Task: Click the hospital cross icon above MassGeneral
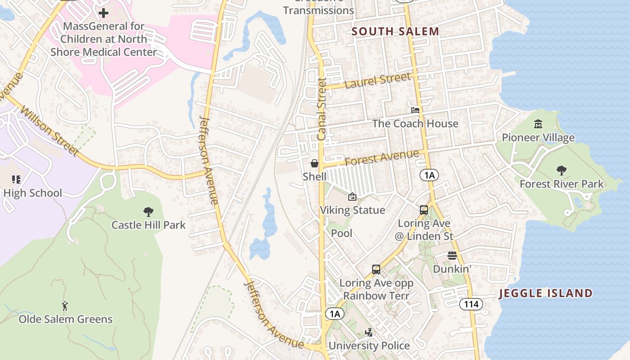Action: (103, 13)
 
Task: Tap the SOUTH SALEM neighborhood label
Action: (395, 31)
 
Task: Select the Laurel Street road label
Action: (378, 81)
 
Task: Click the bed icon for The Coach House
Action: (415, 110)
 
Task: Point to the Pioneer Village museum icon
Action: (538, 124)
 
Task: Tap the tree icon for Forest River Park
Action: (561, 171)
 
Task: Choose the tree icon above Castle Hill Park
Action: (148, 211)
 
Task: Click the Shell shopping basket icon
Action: (315, 163)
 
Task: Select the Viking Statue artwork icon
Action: (352, 197)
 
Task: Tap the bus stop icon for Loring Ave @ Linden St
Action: (424, 210)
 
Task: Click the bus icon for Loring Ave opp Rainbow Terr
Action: (376, 270)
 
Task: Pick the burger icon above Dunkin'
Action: (452, 256)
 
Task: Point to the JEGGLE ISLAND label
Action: (545, 293)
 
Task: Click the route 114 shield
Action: (471, 305)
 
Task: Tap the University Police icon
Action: (369, 333)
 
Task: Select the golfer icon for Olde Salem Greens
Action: (65, 306)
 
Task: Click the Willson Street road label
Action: (49, 131)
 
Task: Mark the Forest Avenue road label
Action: (382, 158)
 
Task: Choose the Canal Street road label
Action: (321, 108)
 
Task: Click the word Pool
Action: (342, 233)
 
